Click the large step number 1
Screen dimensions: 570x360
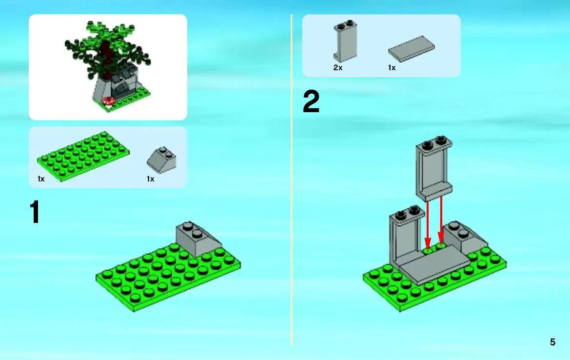(x=35, y=212)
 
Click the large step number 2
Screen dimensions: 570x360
(x=311, y=101)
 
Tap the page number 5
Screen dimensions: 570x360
(x=552, y=342)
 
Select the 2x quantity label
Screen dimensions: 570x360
(x=338, y=68)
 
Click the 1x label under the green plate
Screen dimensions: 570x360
(x=41, y=179)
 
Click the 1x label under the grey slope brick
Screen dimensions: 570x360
(x=151, y=179)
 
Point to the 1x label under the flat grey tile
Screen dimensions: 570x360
(x=392, y=68)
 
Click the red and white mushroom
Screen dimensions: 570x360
(x=109, y=101)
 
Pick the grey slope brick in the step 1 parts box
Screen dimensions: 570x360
(x=162, y=160)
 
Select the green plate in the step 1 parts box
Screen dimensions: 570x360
(x=83, y=157)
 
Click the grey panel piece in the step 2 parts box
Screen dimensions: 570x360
(x=345, y=41)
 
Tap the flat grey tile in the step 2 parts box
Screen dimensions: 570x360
(x=411, y=49)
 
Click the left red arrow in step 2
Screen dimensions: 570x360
(x=428, y=225)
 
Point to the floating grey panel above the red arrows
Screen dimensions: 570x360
(x=434, y=169)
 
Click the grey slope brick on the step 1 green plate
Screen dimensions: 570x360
(x=198, y=240)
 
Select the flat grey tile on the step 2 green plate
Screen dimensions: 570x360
(x=433, y=265)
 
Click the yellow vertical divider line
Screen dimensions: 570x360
(x=292, y=180)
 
